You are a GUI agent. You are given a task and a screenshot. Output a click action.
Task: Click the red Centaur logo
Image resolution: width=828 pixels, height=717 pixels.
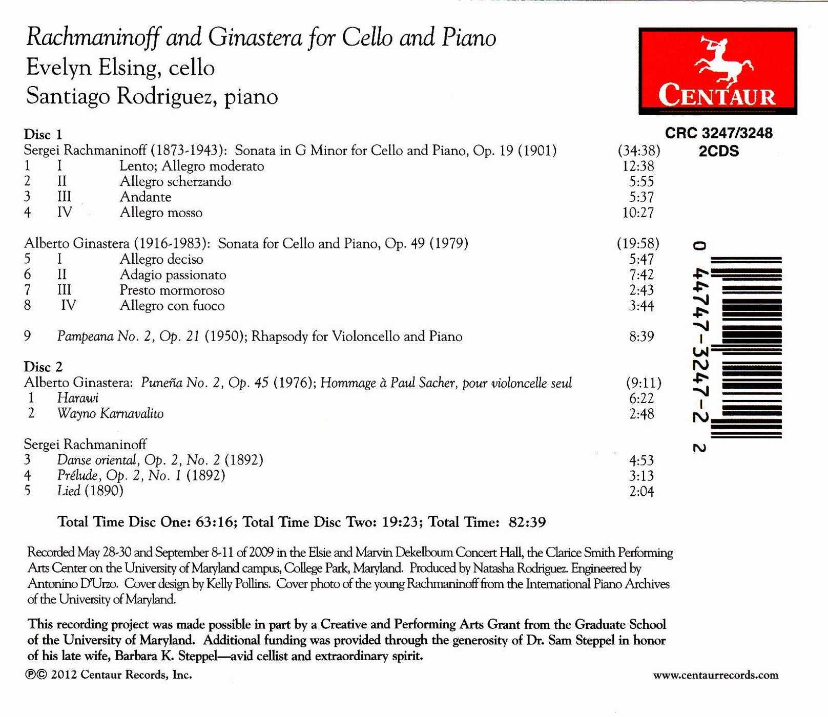coord(717,71)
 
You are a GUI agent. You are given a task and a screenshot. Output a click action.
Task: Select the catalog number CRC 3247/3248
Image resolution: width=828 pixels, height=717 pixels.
coord(718,133)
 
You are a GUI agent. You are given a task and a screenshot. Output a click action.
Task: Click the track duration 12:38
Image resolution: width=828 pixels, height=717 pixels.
coord(638,166)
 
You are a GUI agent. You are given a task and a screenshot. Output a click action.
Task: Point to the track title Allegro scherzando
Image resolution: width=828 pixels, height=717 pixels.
coord(175,181)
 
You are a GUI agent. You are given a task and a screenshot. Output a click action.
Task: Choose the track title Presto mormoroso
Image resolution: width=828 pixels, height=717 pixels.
coord(172,290)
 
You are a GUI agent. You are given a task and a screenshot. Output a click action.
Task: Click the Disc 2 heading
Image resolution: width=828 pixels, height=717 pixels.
coord(43,367)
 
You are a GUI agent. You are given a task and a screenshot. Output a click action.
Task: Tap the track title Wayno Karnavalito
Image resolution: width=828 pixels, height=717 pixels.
coord(110,413)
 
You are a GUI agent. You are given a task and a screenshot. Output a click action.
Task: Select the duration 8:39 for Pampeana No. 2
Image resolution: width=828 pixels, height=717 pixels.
coord(641,336)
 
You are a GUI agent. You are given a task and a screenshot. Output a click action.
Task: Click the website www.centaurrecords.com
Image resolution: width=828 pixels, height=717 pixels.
coord(715,675)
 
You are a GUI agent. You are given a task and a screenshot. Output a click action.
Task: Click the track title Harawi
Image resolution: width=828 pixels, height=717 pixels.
coord(78,398)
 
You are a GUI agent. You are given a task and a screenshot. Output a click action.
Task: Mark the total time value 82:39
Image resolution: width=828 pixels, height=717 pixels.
coord(527,522)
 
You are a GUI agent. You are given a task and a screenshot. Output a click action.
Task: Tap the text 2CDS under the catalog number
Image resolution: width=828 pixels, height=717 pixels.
coord(718,152)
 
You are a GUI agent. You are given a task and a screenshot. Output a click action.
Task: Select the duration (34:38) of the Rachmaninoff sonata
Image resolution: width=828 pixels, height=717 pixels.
coord(638,151)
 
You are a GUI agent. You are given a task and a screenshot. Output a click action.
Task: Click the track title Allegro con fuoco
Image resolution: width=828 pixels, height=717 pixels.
coord(172,306)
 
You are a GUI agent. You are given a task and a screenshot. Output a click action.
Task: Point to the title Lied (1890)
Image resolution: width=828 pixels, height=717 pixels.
coord(90,491)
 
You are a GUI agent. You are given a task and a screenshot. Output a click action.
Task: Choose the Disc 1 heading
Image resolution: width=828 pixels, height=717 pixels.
coord(43,134)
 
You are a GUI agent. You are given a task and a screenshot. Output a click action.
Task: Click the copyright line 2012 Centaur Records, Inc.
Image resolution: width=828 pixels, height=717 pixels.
coord(109,674)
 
